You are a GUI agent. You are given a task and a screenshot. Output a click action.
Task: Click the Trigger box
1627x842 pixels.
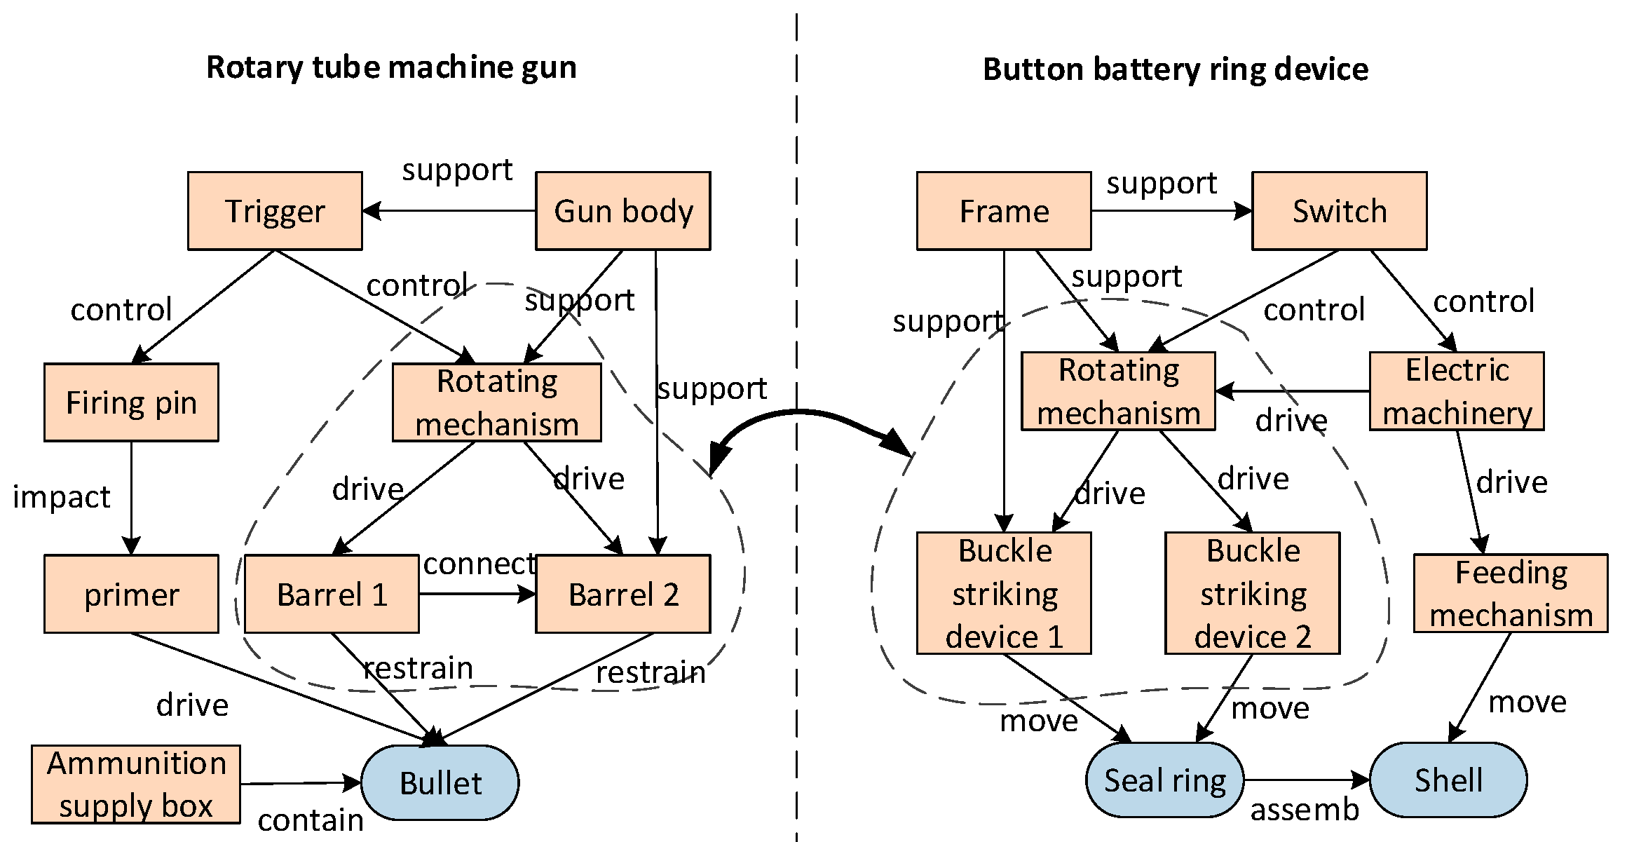(275, 211)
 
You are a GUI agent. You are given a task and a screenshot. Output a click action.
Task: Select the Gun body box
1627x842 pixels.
(622, 211)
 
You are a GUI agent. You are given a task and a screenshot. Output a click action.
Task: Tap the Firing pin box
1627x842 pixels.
(131, 402)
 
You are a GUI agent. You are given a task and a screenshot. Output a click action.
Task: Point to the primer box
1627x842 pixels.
(131, 594)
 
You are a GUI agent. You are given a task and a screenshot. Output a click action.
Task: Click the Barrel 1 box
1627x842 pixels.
(332, 594)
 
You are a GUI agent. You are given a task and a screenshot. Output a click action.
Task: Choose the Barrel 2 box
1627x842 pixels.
(622, 594)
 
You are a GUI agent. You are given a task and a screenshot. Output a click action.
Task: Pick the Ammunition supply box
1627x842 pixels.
(136, 784)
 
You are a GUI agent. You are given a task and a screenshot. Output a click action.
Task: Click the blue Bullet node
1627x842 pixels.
(440, 782)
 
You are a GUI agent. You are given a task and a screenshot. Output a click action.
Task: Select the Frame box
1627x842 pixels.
(1004, 211)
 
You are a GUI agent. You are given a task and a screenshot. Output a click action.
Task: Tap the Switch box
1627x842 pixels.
(1339, 211)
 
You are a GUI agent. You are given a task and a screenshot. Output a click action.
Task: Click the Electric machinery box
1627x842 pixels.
(1457, 391)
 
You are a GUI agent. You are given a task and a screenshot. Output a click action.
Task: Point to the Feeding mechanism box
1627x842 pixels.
(1511, 593)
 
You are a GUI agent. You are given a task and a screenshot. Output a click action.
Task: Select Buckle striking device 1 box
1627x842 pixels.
(1004, 593)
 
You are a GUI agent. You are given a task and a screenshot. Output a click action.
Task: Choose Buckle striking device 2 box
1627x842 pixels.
(1252, 593)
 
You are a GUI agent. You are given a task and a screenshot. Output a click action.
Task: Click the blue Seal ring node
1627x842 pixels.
(1164, 780)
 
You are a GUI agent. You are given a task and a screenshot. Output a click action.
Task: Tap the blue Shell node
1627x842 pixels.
(1448, 780)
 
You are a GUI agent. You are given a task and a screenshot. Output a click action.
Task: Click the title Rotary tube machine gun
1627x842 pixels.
(391, 67)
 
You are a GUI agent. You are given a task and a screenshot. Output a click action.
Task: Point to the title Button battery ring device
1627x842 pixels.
(1175, 69)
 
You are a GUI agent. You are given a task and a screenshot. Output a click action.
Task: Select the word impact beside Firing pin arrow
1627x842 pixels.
(62, 497)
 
